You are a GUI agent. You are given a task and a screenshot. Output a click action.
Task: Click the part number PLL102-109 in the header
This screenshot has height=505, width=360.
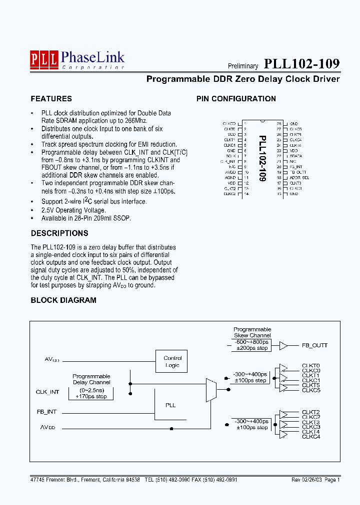(x=301, y=64)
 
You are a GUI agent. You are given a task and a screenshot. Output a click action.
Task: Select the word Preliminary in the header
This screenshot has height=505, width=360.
(x=243, y=66)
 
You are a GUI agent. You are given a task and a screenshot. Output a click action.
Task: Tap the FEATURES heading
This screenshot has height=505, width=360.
(x=51, y=99)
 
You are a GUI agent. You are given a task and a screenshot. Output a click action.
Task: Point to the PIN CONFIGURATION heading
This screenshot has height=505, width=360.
(x=236, y=99)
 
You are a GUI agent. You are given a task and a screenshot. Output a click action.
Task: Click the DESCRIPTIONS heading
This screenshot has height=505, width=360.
(x=59, y=233)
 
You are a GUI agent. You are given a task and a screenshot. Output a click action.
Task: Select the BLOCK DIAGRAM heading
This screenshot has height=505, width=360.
(x=63, y=300)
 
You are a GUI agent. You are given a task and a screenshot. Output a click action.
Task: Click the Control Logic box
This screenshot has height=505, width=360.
(x=172, y=362)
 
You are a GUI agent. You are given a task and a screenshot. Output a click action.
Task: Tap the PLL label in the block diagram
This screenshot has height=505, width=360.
(x=170, y=405)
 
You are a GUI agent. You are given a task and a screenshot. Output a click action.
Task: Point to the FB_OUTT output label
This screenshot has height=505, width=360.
(x=314, y=345)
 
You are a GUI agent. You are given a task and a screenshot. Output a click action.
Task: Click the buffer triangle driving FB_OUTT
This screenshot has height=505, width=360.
(x=283, y=345)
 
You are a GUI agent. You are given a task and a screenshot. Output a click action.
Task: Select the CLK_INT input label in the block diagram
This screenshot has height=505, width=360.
(x=47, y=392)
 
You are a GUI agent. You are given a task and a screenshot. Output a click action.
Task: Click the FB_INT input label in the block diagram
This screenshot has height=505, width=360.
(x=46, y=412)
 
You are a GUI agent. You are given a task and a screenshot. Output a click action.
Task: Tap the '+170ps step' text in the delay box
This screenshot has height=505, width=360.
(x=91, y=396)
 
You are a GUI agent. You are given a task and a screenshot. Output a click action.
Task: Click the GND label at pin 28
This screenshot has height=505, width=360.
(x=294, y=123)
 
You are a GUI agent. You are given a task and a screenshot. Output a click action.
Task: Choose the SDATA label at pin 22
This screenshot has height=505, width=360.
(x=295, y=156)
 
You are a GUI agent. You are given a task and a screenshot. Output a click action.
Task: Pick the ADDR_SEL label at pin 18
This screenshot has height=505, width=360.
(x=299, y=178)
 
